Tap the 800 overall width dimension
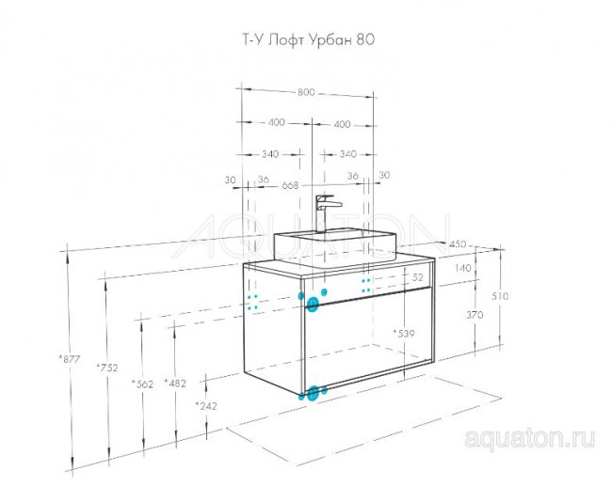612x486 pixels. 306,92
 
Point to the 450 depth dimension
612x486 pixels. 459,244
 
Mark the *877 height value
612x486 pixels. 67,359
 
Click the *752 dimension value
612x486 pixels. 106,368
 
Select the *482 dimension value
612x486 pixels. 174,383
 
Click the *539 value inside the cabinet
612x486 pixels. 404,334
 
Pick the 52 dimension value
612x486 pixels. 418,278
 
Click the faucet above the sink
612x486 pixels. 325,211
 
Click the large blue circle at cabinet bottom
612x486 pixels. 314,395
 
